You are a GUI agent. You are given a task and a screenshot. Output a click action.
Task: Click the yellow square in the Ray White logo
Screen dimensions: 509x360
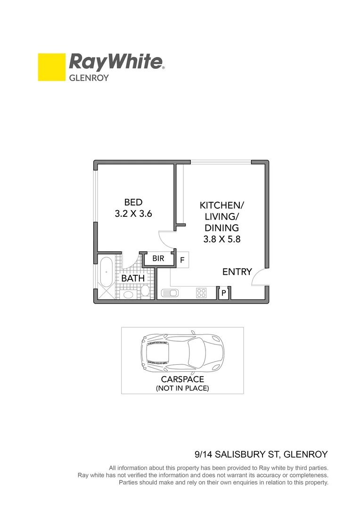pyautogui.click(x=51, y=67)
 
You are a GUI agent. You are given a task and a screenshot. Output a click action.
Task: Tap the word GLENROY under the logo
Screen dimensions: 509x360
pyautogui.click(x=89, y=78)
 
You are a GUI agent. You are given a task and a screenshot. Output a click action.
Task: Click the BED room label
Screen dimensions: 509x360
pyautogui.click(x=133, y=202)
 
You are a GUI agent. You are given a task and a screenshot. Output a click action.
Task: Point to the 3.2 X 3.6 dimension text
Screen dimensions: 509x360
pyautogui.click(x=133, y=213)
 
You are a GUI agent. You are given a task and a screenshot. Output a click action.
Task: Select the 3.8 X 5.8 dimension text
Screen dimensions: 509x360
pyautogui.click(x=222, y=239)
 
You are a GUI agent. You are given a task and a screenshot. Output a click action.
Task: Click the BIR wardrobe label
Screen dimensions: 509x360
pyautogui.click(x=158, y=259)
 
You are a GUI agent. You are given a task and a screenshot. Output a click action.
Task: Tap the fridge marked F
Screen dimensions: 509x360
pyautogui.click(x=182, y=260)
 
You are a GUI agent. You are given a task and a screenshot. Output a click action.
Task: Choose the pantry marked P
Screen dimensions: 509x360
pyautogui.click(x=224, y=293)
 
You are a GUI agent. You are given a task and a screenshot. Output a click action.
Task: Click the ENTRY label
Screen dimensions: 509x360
pyautogui.click(x=237, y=272)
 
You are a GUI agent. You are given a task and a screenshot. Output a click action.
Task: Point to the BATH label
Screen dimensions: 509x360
pyautogui.click(x=133, y=279)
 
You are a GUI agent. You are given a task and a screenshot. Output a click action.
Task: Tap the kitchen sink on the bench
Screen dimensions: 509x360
pyautogui.click(x=170, y=293)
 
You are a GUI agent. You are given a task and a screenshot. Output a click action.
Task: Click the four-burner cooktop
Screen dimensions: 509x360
pyautogui.click(x=202, y=293)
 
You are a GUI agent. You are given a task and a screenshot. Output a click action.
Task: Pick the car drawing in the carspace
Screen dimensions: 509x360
pyautogui.click(x=182, y=352)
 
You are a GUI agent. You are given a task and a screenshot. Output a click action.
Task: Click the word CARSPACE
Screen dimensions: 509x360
pyautogui.click(x=182, y=379)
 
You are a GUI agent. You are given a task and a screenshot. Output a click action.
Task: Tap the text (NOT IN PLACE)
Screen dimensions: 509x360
pyautogui.click(x=182, y=388)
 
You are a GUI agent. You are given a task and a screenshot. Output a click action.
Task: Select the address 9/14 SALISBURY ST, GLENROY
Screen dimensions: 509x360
pyautogui.click(x=261, y=455)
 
